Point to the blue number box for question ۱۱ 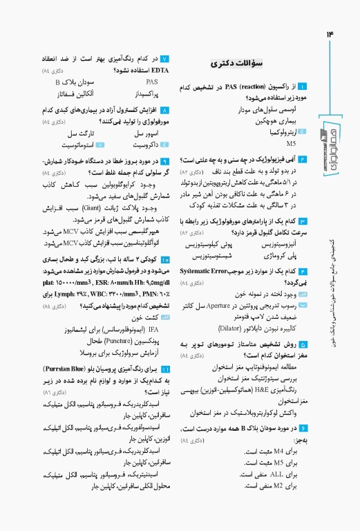(164, 371)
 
